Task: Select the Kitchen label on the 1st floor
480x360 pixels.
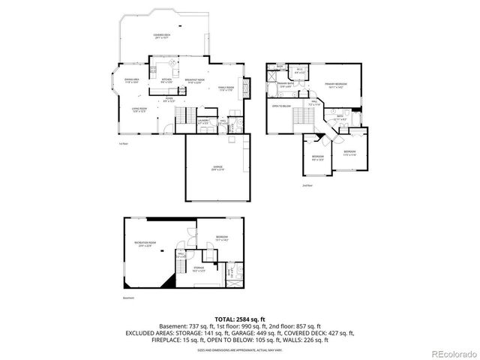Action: pyautogui.click(x=167, y=80)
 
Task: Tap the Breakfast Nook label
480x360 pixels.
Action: pyautogui.click(x=195, y=82)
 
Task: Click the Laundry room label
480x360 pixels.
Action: pyautogui.click(x=202, y=121)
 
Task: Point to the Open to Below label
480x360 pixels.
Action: pyautogui.click(x=281, y=106)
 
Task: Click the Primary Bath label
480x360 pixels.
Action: pyautogui.click(x=285, y=85)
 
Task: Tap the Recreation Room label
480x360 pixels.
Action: pyautogui.click(x=145, y=244)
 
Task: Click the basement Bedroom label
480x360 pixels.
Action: pyautogui.click(x=221, y=238)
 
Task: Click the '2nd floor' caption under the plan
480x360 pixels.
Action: pyautogui.click(x=307, y=184)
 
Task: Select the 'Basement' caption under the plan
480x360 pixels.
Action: pyautogui.click(x=130, y=297)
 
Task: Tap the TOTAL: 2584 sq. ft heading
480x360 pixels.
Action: pyautogui.click(x=239, y=319)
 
